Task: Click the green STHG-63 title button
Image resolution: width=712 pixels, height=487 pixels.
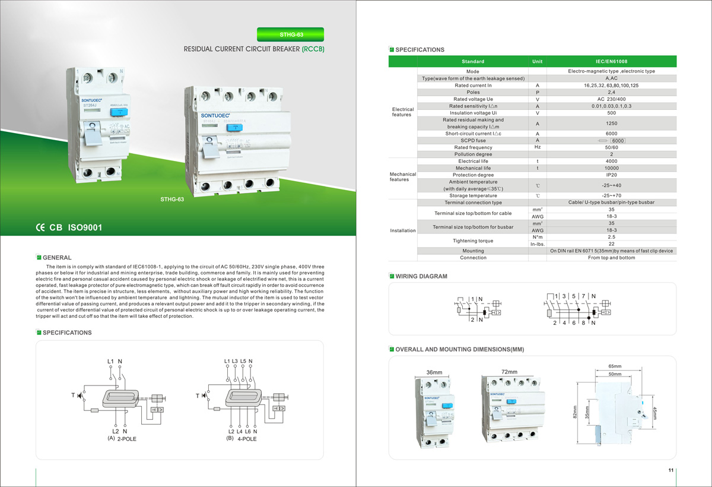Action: [291, 34]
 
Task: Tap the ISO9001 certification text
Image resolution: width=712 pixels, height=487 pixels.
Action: [85, 227]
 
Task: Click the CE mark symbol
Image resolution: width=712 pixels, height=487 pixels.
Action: [40, 227]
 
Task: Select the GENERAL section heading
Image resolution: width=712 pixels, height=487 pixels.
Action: [57, 258]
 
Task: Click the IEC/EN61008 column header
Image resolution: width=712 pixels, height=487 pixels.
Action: [611, 61]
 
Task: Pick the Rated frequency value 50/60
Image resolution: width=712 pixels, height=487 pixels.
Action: [611, 147]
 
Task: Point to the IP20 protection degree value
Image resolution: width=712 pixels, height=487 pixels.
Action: [611, 175]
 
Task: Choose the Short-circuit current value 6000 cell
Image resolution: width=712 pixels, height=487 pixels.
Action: [611, 134]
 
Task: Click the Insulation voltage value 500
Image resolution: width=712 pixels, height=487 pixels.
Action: [611, 113]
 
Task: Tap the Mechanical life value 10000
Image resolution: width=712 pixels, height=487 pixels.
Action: [611, 168]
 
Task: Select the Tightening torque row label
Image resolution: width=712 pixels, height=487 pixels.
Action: [472, 241]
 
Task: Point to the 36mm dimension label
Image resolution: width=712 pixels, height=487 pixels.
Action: [434, 372]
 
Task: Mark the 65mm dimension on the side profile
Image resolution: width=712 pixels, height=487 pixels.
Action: [615, 366]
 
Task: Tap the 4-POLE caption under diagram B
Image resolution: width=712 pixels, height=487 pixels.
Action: [247, 439]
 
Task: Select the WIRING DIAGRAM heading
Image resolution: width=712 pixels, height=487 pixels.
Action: [421, 276]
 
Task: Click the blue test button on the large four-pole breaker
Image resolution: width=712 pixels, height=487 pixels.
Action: [236, 127]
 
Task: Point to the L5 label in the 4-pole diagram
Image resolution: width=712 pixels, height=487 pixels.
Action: [243, 361]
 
